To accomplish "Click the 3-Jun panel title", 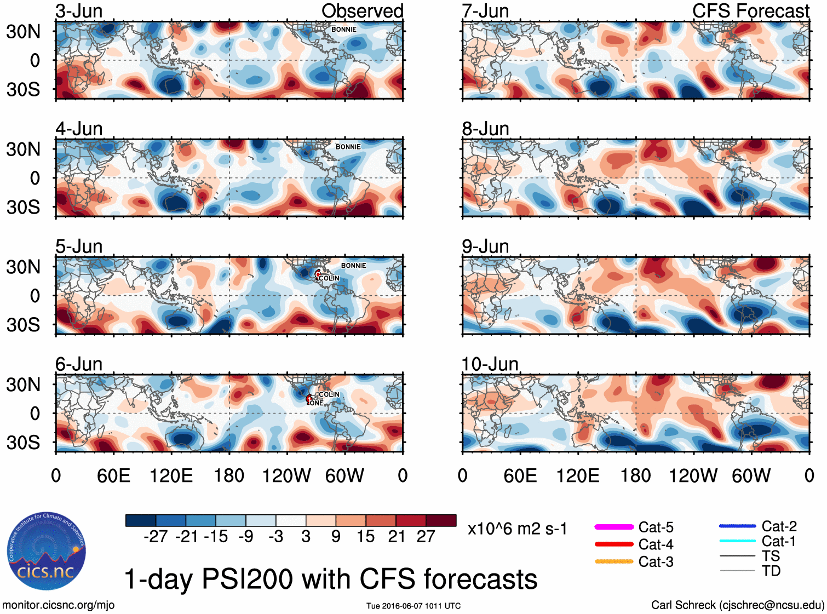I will pos(79,11).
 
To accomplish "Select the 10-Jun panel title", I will pos(490,364).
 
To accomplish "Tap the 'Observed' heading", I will pos(362,11).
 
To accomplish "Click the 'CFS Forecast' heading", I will pos(750,11).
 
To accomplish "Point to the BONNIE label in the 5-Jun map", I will pos(353,266).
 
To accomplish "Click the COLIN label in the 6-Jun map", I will pos(329,394).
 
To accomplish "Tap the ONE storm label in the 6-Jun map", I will pos(317,403).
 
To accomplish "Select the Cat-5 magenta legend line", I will pos(614,527).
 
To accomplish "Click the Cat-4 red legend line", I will pos(614,544).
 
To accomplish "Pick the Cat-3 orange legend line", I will pos(614,561).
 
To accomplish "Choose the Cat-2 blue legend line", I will pos(737,526).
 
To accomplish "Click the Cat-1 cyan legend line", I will pos(737,541).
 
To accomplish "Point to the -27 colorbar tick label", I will pos(156,537).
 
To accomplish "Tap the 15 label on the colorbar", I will pos(366,537).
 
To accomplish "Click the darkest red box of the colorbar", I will pos(441,520).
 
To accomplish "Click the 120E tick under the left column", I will pos(171,475).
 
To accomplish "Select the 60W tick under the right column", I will pos(751,475).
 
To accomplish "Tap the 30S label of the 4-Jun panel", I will pos(23,207).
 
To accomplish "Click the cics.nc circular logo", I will pos(47,552).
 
